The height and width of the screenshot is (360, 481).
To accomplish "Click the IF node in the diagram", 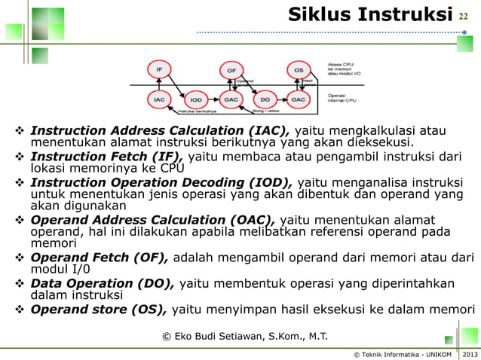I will (159, 70).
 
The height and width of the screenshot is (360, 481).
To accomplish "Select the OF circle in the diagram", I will (231, 71).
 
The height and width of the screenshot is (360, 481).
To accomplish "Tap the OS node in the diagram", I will (299, 71).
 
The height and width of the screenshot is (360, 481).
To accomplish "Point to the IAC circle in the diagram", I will (159, 99).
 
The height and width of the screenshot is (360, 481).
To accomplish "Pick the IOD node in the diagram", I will (195, 99).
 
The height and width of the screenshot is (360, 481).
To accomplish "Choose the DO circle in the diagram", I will (265, 99).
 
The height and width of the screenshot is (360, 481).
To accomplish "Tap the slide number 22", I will (464, 16).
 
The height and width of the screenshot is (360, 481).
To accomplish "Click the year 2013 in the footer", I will (470, 354).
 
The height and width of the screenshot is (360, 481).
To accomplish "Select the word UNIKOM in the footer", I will (436, 354).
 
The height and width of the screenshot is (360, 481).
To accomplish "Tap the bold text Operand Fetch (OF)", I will (100, 258).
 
